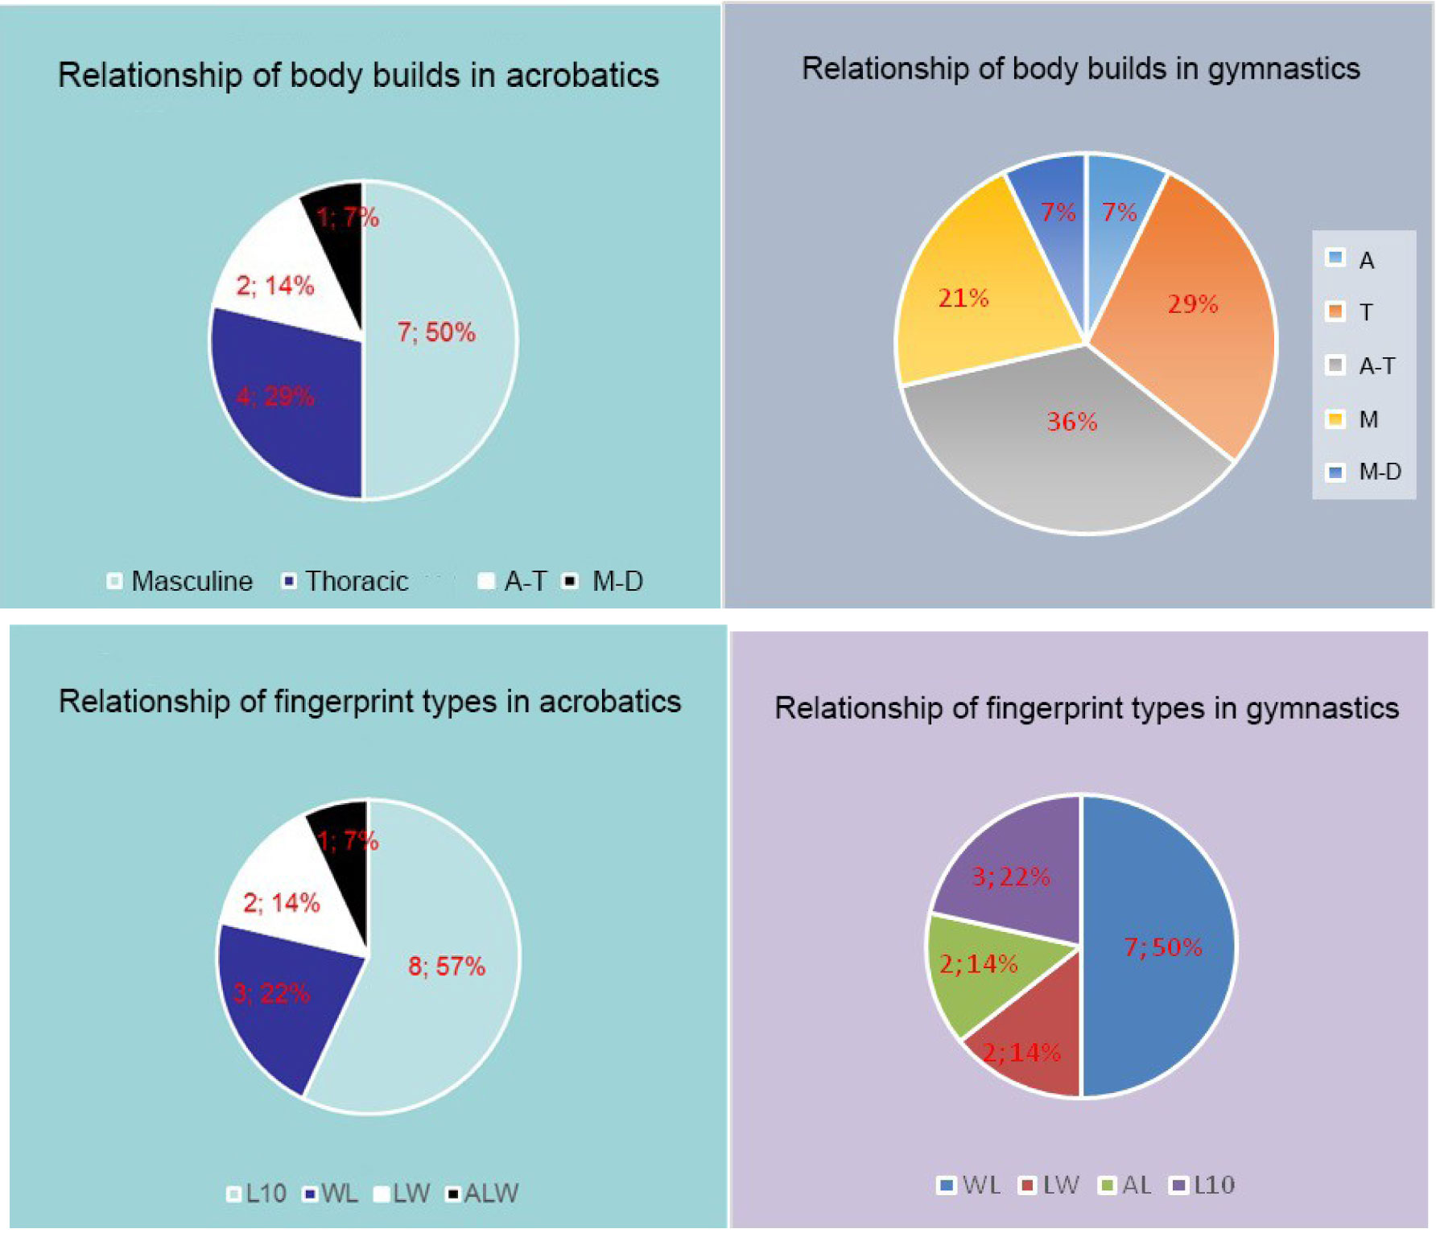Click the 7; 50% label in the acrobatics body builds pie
click(436, 332)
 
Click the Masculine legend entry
click(181, 581)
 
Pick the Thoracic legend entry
click(346, 581)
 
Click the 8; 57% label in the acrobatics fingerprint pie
click(447, 966)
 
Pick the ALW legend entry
click(483, 1193)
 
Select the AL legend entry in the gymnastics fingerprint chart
click(1127, 1185)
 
